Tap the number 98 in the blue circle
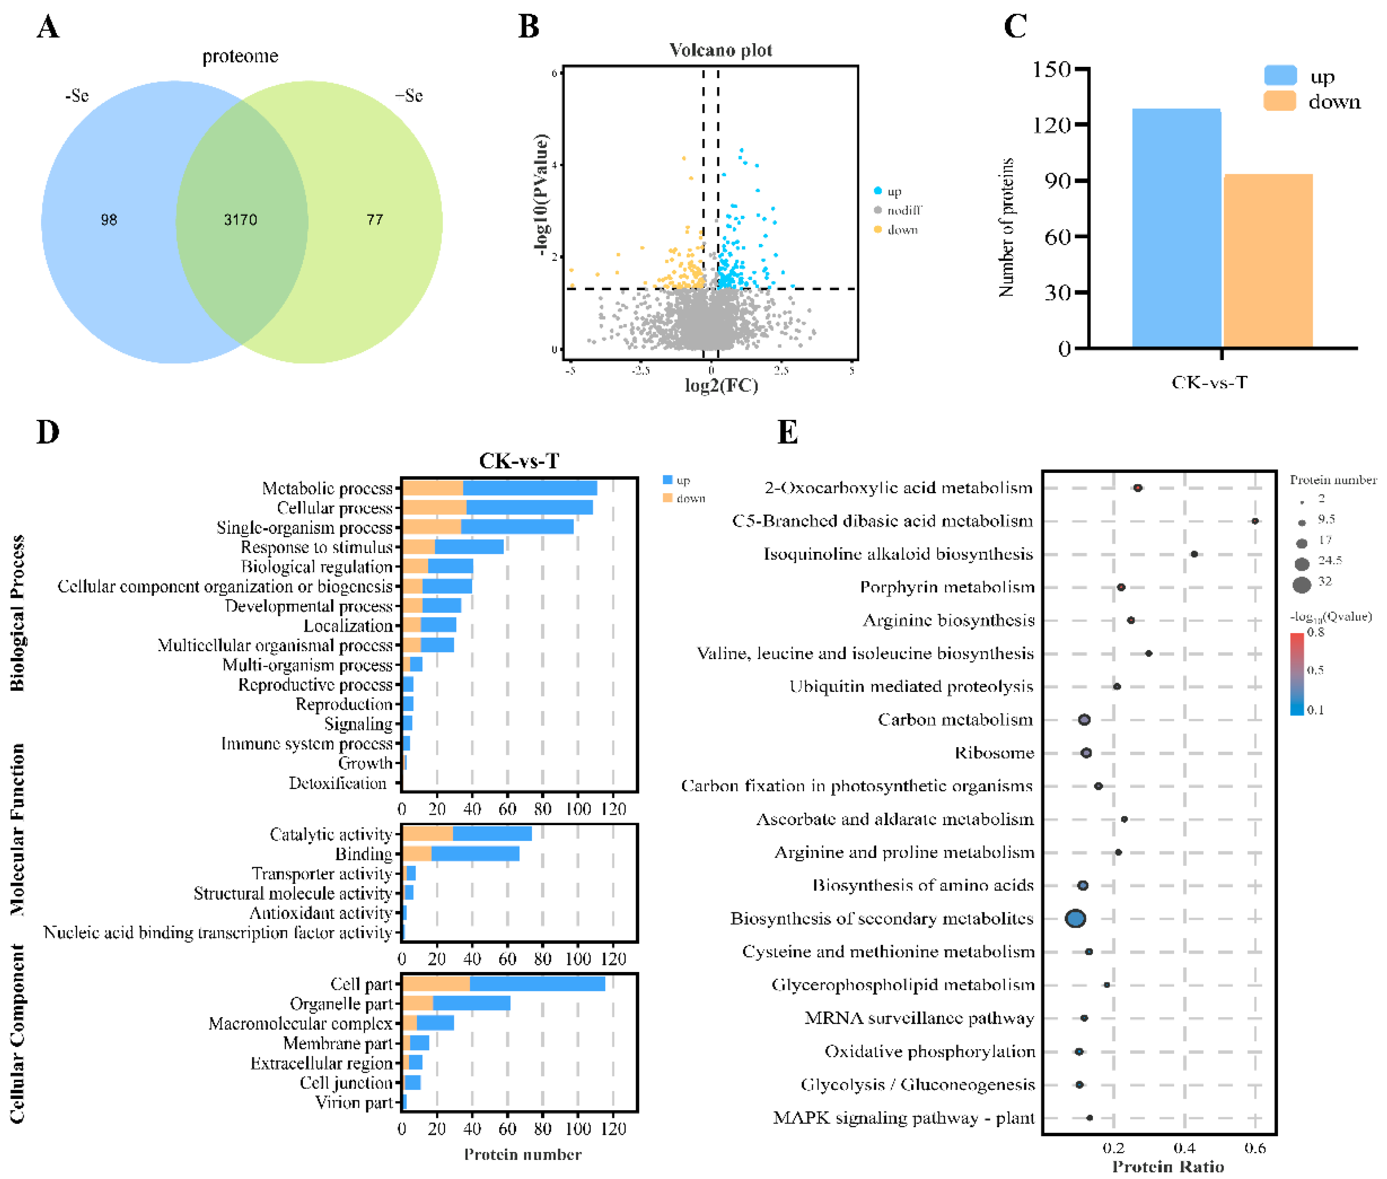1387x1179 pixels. click(109, 220)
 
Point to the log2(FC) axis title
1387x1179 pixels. click(721, 386)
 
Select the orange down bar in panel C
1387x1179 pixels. click(1268, 261)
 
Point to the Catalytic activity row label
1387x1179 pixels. click(331, 834)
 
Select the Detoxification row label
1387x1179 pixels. click(338, 783)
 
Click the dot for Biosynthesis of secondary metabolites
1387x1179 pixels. click(1075, 918)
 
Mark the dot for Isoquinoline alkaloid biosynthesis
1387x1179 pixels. click(1194, 554)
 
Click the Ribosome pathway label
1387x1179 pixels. click(994, 753)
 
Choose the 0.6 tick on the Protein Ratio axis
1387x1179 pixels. click(1255, 1148)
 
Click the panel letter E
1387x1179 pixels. click(787, 432)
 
